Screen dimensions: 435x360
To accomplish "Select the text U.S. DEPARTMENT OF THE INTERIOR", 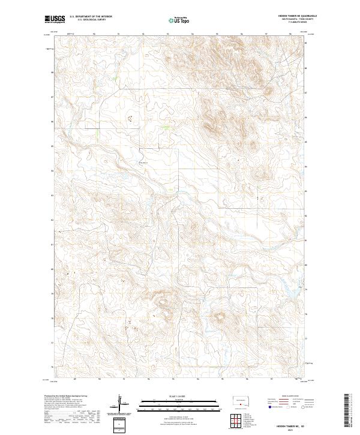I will click(91, 16).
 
